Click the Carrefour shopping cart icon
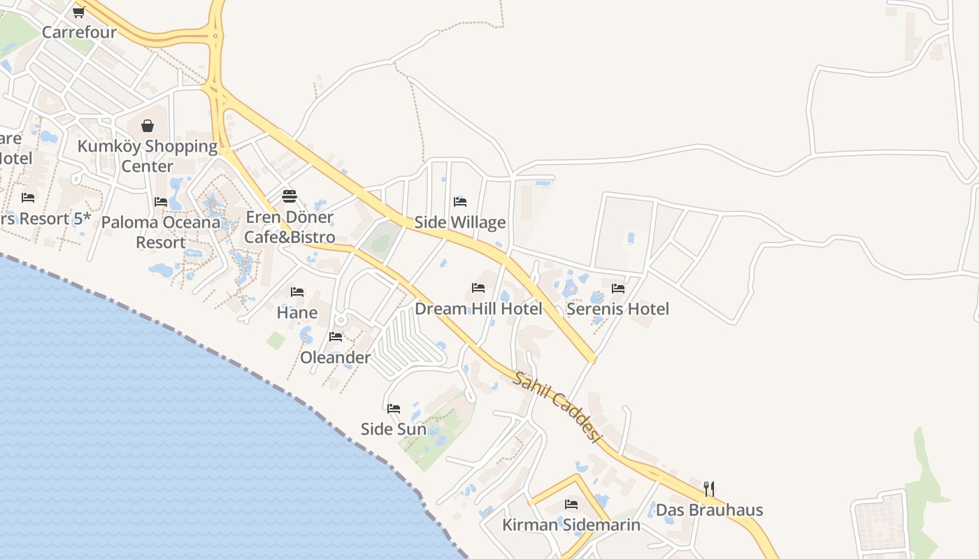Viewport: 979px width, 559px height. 78,11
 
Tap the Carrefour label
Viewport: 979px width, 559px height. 79,32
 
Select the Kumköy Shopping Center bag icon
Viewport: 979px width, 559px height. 148,126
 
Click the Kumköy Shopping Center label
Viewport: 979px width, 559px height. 148,156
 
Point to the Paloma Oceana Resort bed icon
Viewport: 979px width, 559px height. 161,201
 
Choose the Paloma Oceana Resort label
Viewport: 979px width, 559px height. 161,232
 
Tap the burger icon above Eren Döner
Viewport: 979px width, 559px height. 290,196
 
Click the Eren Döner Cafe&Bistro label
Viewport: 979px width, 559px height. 290,227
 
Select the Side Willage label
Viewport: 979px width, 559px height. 460,222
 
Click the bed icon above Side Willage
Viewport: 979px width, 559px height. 460,201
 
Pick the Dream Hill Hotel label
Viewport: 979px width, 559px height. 478,308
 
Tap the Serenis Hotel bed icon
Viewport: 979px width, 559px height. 618,287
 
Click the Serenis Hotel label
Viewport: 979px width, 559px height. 618,308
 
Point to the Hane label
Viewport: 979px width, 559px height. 297,312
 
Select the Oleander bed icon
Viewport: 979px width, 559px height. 336,337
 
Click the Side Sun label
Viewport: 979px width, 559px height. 394,429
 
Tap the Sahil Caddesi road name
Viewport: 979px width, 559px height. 557,407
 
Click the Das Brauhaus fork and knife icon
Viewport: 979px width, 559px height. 709,488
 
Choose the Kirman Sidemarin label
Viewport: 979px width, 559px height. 571,525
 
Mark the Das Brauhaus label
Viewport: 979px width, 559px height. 709,509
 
